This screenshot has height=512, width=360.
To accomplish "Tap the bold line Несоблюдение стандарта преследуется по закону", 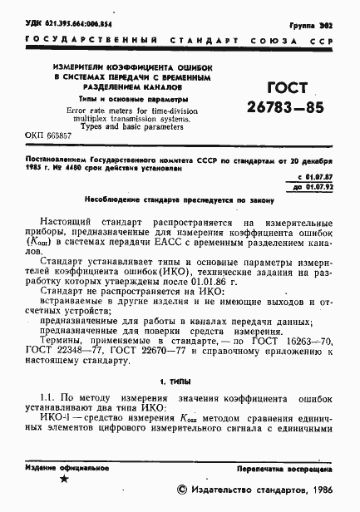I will coord(178,200).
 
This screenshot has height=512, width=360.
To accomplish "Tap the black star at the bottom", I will coord(63,479).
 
